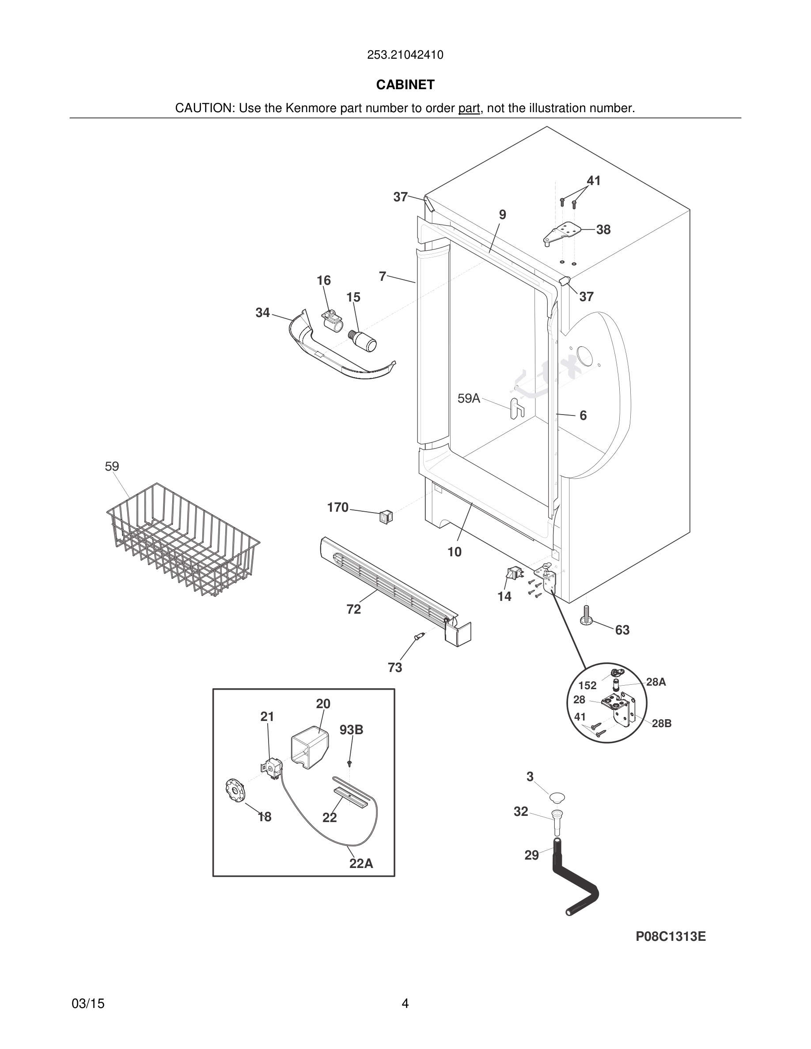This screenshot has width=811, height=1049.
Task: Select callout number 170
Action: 337,507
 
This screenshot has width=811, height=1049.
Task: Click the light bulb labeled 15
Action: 365,340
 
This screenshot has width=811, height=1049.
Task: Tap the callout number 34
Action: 262,313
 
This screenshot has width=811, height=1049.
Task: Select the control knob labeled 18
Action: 235,790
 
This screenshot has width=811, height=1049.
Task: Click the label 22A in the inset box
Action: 361,864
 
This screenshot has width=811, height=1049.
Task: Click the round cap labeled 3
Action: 557,798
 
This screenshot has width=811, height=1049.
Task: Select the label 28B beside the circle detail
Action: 661,723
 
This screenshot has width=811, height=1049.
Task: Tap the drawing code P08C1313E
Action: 670,936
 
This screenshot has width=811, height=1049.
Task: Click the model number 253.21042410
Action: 405,55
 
